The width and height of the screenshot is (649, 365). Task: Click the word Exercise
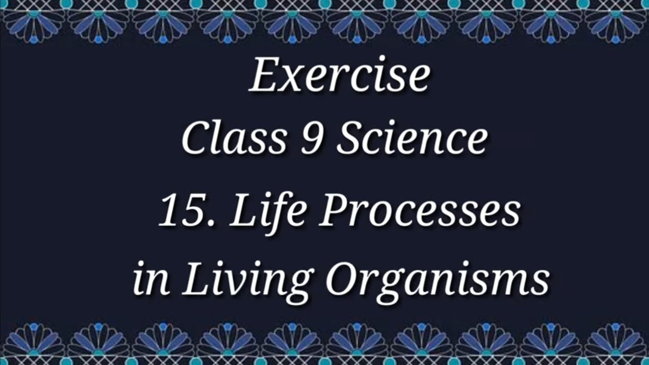339,76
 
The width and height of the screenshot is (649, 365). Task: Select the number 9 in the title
310,139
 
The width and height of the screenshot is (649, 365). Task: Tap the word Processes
419,211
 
